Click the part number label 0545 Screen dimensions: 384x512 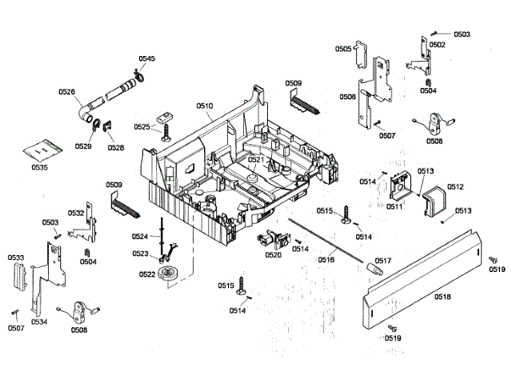(146, 59)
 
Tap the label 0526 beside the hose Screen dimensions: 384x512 (66, 92)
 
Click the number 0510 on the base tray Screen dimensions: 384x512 (205, 106)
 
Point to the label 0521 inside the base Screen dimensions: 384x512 (255, 160)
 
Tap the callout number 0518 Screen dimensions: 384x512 (442, 297)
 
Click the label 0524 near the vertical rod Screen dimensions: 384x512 (140, 237)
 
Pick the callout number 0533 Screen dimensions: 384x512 (15, 258)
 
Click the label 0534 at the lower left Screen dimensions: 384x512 (39, 322)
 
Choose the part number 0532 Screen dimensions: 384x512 (76, 214)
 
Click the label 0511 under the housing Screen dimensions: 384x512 (394, 207)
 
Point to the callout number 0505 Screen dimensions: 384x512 (342, 49)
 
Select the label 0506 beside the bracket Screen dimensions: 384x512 (347, 96)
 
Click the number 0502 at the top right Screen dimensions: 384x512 (437, 45)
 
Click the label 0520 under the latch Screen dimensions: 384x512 (273, 256)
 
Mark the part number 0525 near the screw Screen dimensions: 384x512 (142, 126)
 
